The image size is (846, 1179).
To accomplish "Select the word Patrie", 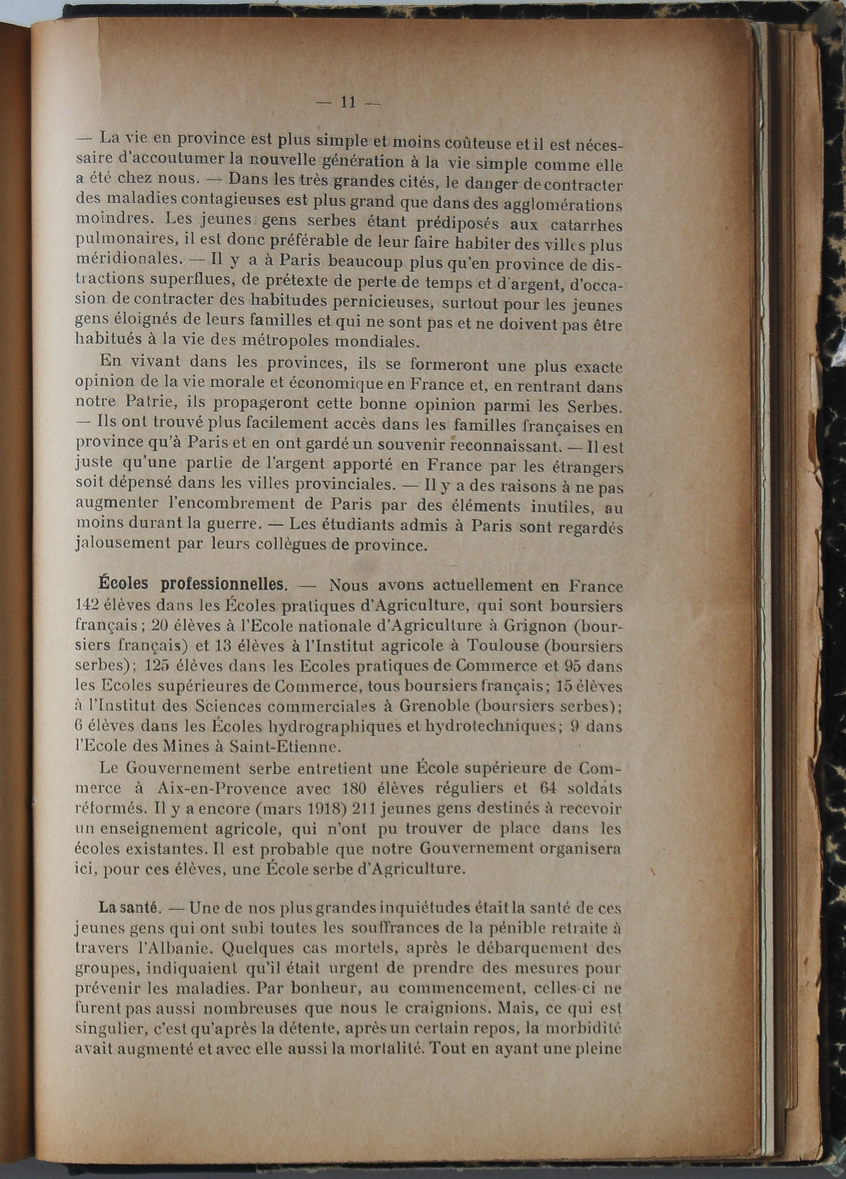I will (x=128, y=403).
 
